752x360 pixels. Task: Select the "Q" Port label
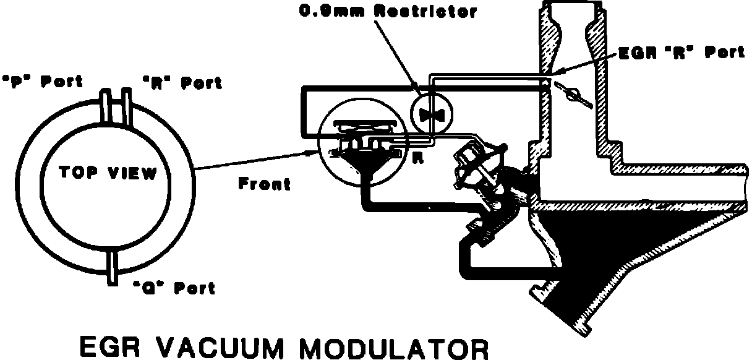coord(174,288)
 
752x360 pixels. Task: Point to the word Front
coord(265,184)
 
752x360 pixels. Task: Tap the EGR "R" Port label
coord(681,53)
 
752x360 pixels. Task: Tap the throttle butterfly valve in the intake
coord(573,93)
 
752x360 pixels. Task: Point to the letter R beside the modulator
coord(417,157)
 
